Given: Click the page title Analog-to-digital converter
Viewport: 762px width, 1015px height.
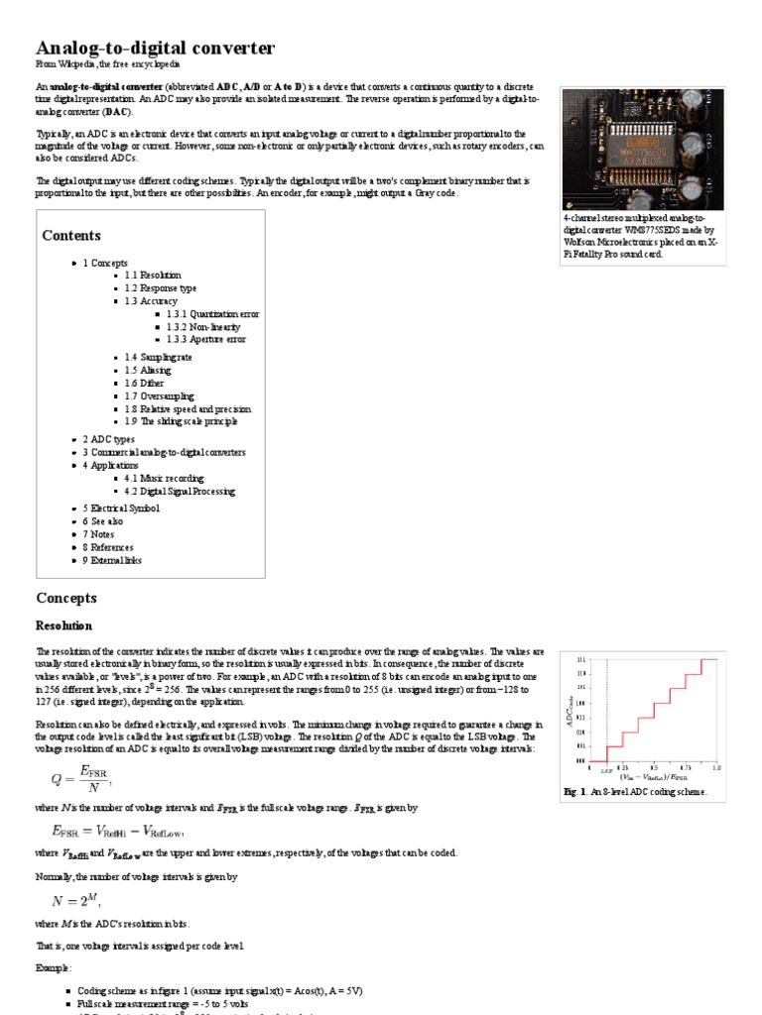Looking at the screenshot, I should pyautogui.click(x=156, y=48).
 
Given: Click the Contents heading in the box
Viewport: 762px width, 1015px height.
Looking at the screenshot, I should pyautogui.click(x=71, y=236).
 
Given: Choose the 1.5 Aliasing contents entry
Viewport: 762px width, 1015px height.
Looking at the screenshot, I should pyautogui.click(x=148, y=370).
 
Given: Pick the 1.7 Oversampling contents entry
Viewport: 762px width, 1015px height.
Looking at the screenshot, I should pyautogui.click(x=159, y=395).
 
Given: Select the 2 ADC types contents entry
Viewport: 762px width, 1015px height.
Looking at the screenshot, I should pyautogui.click(x=108, y=438).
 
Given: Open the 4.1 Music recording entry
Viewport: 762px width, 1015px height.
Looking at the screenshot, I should pyautogui.click(x=168, y=478).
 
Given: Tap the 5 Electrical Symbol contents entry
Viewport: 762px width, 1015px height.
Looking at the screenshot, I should pyautogui.click(x=120, y=508).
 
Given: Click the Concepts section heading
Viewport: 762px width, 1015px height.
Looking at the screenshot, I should pyautogui.click(x=66, y=598).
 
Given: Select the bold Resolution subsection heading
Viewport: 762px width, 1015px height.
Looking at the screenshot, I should pyautogui.click(x=63, y=626).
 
